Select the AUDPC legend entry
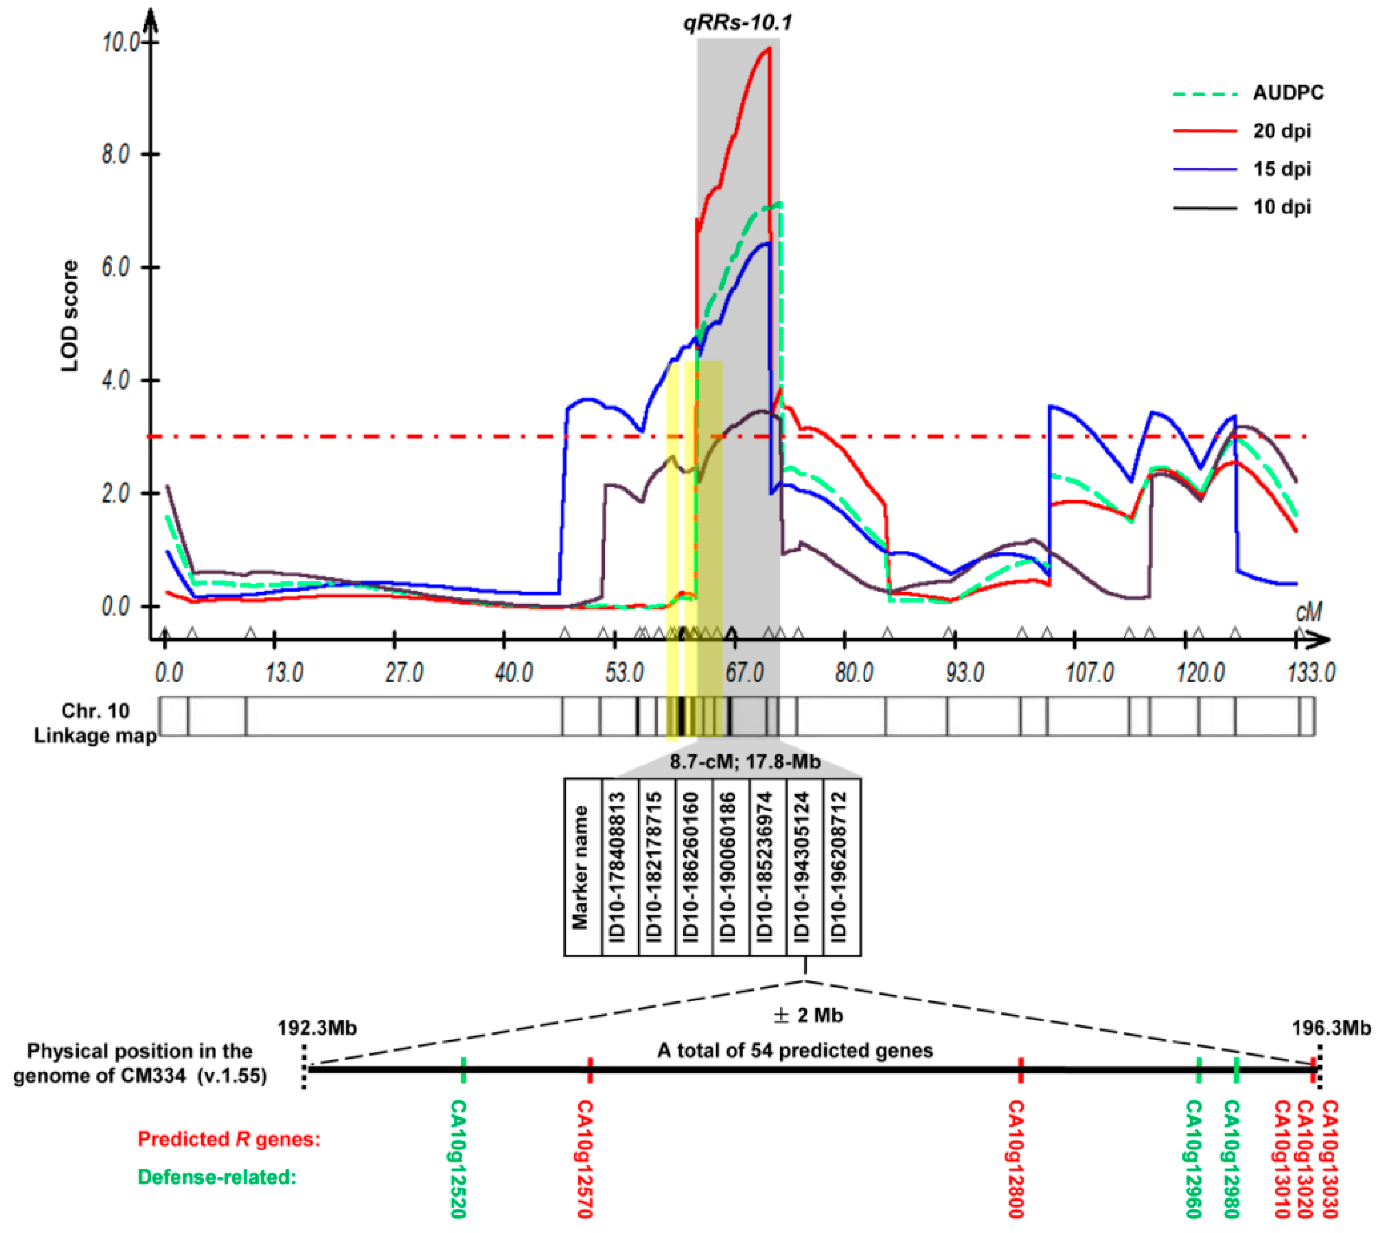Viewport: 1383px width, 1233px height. pyautogui.click(x=1287, y=93)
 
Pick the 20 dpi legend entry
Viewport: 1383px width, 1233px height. pyautogui.click(x=1281, y=131)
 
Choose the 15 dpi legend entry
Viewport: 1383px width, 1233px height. pyautogui.click(x=1281, y=169)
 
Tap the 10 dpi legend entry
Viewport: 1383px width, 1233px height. pyautogui.click(x=1281, y=207)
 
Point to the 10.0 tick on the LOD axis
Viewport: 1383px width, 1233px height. pyautogui.click(x=121, y=43)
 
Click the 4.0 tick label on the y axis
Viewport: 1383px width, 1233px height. pyautogui.click(x=115, y=381)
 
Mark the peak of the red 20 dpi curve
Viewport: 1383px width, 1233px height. pyautogui.click(x=768, y=49)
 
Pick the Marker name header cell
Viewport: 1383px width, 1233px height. pyautogui.click(x=582, y=867)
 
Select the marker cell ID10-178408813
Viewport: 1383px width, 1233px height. pyautogui.click(x=619, y=867)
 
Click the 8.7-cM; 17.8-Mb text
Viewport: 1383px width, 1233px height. pyautogui.click(x=745, y=762)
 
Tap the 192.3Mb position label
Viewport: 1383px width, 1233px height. pyautogui.click(x=317, y=1028)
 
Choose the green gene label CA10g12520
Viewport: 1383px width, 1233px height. pyautogui.click(x=459, y=1158)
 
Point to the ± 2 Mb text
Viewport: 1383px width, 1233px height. pyautogui.click(x=808, y=1015)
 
